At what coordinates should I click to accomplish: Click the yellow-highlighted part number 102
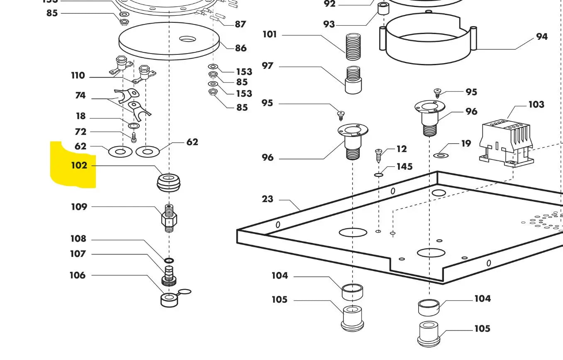click(x=79, y=165)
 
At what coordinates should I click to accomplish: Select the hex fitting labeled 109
click(x=169, y=218)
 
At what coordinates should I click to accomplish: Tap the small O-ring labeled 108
click(x=169, y=260)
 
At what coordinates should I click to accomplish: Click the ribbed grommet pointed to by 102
click(x=169, y=183)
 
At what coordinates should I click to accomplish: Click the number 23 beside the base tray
click(x=268, y=199)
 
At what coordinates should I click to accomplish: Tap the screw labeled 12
click(x=378, y=156)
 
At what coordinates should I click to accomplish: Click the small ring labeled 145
click(x=378, y=175)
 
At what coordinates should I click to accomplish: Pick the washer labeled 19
click(x=441, y=155)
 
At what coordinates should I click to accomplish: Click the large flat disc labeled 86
click(x=169, y=41)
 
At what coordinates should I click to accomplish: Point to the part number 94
click(x=541, y=37)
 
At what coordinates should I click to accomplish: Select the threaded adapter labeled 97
click(x=353, y=80)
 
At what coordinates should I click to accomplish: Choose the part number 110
click(x=78, y=76)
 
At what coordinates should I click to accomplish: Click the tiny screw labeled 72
click(x=134, y=136)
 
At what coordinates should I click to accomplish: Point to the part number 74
click(x=80, y=96)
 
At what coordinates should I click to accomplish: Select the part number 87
click(x=240, y=24)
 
